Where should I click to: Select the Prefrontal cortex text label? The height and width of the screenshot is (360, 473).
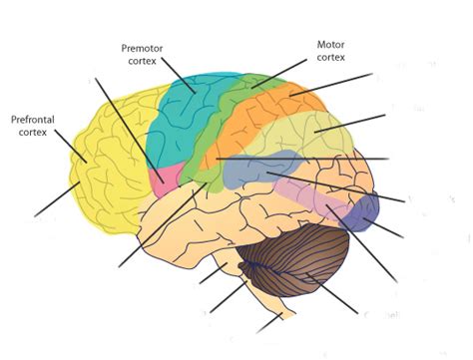point(32,126)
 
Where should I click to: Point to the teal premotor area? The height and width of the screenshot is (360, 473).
point(185,120)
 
